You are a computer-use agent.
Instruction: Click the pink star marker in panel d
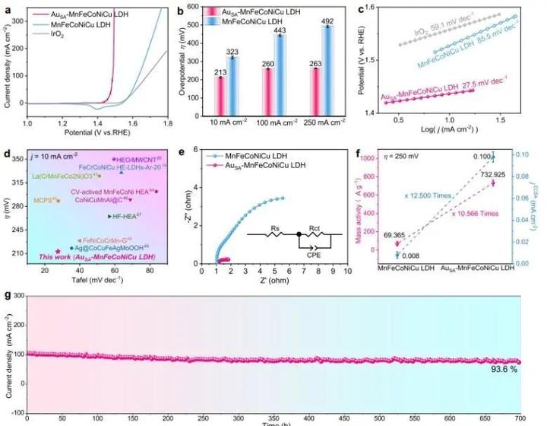(58, 251)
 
